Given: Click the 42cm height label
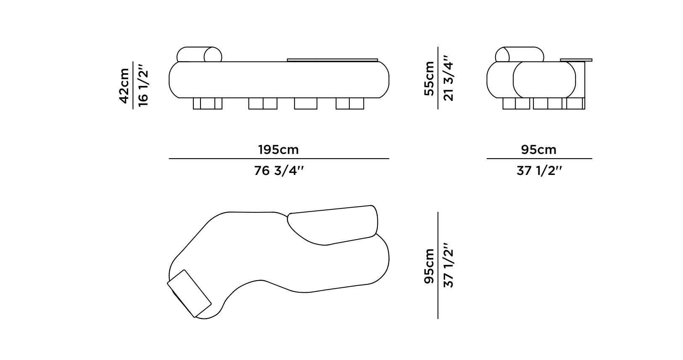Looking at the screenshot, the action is [124, 86].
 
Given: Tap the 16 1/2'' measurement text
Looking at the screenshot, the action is [143, 85].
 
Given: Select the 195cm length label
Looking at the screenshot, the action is [278, 150].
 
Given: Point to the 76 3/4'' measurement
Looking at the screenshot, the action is [279, 171].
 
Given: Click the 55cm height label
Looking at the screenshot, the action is [429, 78].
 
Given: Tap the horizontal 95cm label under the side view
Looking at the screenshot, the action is [539, 150].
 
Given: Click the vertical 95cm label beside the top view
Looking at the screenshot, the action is [429, 266].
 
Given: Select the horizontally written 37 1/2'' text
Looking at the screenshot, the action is [539, 171].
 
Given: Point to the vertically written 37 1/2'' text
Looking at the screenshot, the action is [448, 265].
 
